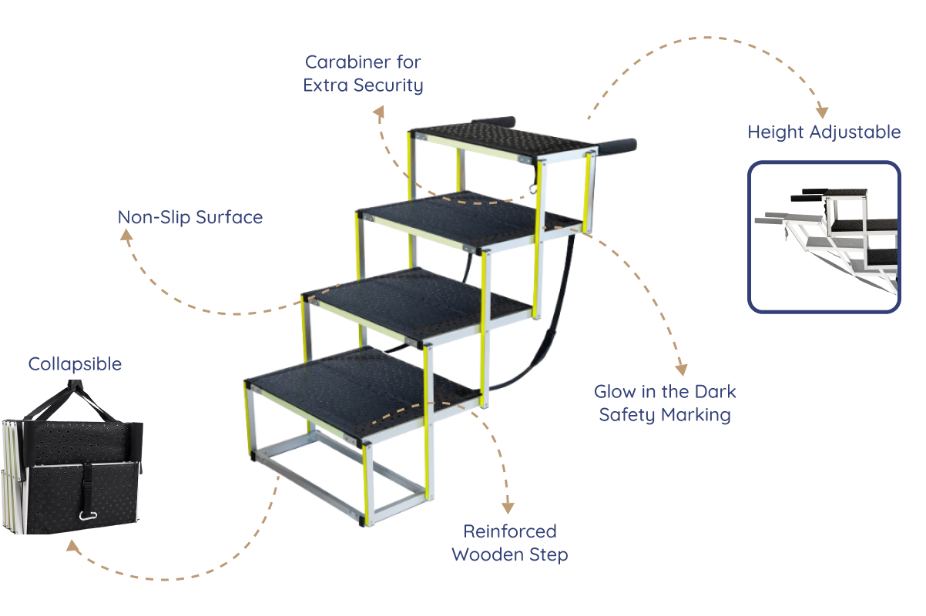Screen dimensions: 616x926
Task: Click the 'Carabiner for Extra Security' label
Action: coord(363,73)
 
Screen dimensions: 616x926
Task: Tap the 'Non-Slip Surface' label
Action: coord(190,218)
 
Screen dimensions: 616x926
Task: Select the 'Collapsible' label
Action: coord(75,364)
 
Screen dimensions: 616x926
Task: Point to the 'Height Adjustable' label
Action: coord(824,132)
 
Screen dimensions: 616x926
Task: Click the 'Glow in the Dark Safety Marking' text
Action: coord(664,403)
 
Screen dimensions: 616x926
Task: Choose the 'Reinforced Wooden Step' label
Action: coord(509,543)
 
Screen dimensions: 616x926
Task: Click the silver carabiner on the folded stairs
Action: coord(88,515)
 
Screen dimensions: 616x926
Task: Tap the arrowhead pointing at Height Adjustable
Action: coord(822,112)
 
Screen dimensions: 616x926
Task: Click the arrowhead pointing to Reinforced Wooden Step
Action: coord(507,507)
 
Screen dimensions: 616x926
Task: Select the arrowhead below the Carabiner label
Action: coord(378,112)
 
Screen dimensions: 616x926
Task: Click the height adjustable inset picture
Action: coord(824,236)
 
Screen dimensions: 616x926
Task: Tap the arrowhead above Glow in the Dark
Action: coord(681,370)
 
